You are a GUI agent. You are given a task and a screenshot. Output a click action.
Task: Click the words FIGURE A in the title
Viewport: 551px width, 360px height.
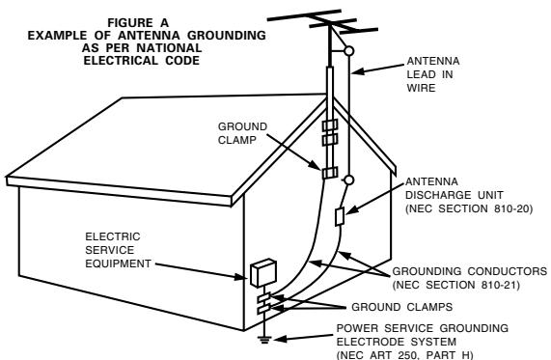(x=138, y=23)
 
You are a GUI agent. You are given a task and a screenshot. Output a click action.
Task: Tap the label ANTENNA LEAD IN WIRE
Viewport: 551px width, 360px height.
(x=433, y=74)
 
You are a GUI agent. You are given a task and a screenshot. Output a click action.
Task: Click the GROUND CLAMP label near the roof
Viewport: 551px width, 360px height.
(x=242, y=133)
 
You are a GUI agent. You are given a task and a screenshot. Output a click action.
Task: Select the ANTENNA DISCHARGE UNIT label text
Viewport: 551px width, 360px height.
(x=454, y=188)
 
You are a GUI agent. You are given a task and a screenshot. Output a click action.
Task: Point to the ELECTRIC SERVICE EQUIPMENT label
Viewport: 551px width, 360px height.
(x=118, y=250)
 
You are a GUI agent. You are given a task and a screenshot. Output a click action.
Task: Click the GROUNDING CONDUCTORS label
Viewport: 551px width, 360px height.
(x=470, y=271)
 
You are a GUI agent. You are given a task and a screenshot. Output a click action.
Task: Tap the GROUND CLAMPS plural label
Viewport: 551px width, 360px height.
(x=402, y=307)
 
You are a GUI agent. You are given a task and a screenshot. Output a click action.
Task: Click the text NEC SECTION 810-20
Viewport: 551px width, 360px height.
(x=469, y=208)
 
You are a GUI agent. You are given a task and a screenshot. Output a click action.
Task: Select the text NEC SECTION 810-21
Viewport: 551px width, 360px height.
(x=456, y=285)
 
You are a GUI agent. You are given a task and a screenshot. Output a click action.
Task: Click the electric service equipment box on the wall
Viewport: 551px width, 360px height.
(x=263, y=273)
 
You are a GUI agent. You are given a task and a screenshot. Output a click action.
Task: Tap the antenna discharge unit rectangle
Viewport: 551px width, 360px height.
(x=340, y=216)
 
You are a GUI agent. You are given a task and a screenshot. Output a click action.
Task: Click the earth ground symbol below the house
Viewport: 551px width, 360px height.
(x=264, y=340)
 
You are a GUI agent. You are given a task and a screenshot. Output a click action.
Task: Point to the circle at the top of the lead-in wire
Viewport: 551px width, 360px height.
(x=349, y=51)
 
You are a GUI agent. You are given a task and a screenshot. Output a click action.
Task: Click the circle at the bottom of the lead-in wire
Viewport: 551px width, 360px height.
(x=348, y=180)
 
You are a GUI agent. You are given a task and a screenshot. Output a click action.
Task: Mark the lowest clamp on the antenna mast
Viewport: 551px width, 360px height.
(x=330, y=173)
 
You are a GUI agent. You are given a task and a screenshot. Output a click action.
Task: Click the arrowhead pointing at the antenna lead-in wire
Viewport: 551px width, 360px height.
(x=357, y=71)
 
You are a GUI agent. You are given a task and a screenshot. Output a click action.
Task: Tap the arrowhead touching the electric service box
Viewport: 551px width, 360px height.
(x=242, y=277)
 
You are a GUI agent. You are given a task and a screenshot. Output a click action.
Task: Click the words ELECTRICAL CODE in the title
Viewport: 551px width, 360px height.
(x=141, y=61)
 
